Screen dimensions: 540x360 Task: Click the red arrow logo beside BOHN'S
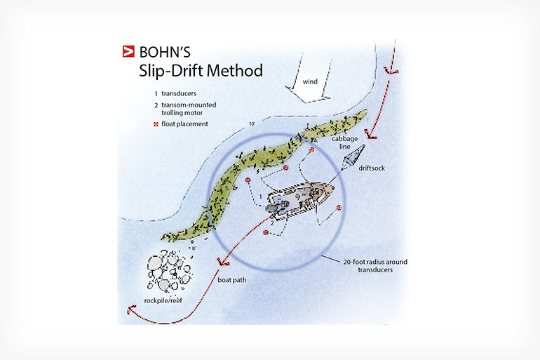coord(128,51)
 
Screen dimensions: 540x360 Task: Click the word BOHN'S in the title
coord(165,53)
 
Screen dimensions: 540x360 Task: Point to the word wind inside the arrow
coord(310,81)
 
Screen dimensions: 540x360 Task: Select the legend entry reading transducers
coord(179,93)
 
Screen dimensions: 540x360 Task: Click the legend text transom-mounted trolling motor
coord(189,109)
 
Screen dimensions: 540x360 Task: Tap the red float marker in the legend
coord(156,124)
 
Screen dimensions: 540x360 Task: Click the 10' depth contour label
coord(252,124)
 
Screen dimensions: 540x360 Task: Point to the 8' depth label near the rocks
coord(194,248)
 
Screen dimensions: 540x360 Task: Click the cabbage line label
coord(345,142)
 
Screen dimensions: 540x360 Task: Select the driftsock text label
coord(372,168)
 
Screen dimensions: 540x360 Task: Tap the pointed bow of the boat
coord(332,189)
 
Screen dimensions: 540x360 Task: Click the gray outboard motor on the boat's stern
coord(273,208)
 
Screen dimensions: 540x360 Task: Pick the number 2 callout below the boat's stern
coord(272,223)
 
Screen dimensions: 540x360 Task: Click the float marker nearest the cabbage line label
coord(311,150)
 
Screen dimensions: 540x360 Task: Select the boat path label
coord(231,280)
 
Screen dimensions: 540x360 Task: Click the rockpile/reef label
coord(163,301)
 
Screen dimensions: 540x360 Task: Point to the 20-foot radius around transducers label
coord(375,265)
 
